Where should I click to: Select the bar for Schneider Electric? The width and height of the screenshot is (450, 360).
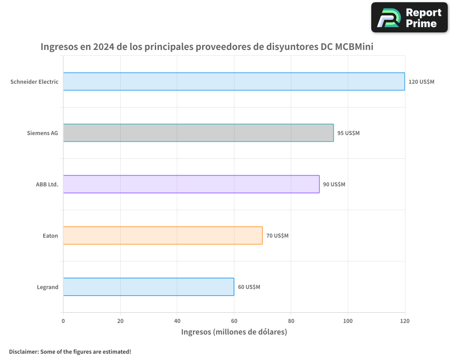coord(234,81)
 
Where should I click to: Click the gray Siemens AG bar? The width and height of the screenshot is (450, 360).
coord(198,133)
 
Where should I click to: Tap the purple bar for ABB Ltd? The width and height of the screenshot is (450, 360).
coord(191,184)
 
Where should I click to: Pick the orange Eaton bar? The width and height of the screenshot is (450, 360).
coord(162,235)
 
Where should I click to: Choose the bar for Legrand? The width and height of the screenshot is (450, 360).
coord(148,287)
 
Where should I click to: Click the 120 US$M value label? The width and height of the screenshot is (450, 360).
coord(421,82)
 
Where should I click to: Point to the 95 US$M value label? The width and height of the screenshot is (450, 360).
coord(348,133)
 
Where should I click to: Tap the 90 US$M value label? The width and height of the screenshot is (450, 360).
coord(334,184)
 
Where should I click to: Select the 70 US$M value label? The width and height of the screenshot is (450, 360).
coord(277,236)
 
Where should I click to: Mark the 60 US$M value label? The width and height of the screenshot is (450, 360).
coord(249,287)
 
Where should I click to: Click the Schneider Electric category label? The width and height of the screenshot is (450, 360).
coord(34,82)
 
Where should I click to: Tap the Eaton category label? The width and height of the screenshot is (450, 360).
coord(50,236)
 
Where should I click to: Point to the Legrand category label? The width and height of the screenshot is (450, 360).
coord(47,287)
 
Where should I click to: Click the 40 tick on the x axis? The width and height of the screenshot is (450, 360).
coord(177,321)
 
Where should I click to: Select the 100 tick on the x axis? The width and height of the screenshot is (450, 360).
coord(348,321)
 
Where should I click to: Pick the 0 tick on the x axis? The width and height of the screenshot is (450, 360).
coord(63,321)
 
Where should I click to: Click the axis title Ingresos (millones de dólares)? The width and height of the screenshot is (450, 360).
coord(234,332)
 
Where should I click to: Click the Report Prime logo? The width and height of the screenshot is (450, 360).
coord(409,18)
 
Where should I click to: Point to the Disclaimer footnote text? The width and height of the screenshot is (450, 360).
coord(70,351)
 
